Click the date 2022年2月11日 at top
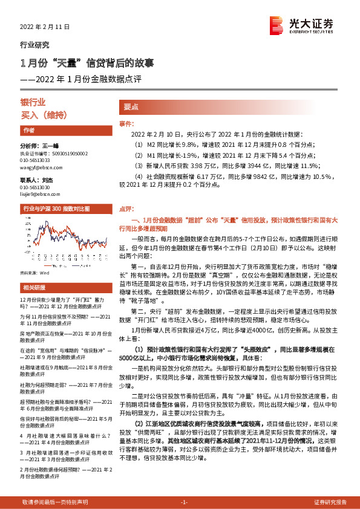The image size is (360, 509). click(45, 27)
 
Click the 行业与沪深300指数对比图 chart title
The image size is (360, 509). click(56, 209)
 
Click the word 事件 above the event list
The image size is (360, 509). click(125, 123)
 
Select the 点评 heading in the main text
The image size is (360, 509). click(125, 208)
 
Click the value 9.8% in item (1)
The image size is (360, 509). click(189, 145)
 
